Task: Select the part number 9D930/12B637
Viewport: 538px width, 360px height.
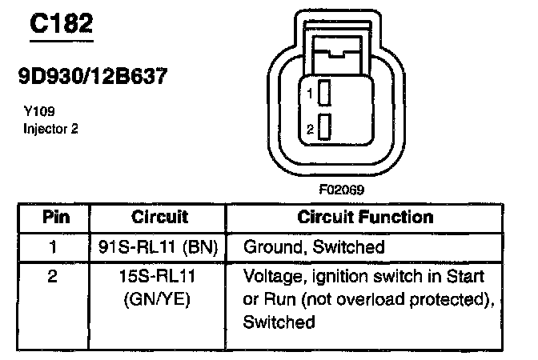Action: pyautogui.click(x=93, y=78)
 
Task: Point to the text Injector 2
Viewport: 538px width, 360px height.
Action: pyautogui.click(x=50, y=127)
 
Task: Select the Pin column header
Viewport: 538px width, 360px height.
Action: pyautogui.click(x=55, y=217)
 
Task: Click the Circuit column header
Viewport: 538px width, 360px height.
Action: pyautogui.click(x=159, y=217)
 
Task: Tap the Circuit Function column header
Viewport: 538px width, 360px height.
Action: pyautogui.click(x=365, y=217)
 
